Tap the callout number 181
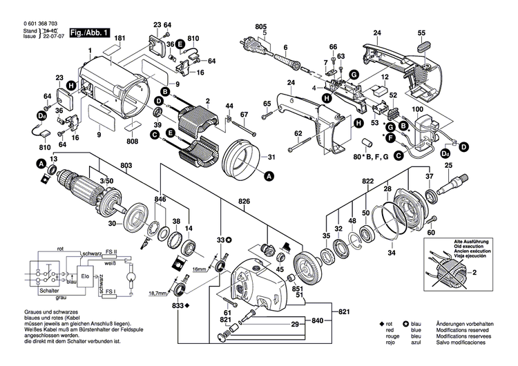click(x=119, y=38)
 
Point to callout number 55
click(x=421, y=33)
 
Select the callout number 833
click(x=180, y=305)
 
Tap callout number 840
click(x=317, y=322)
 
